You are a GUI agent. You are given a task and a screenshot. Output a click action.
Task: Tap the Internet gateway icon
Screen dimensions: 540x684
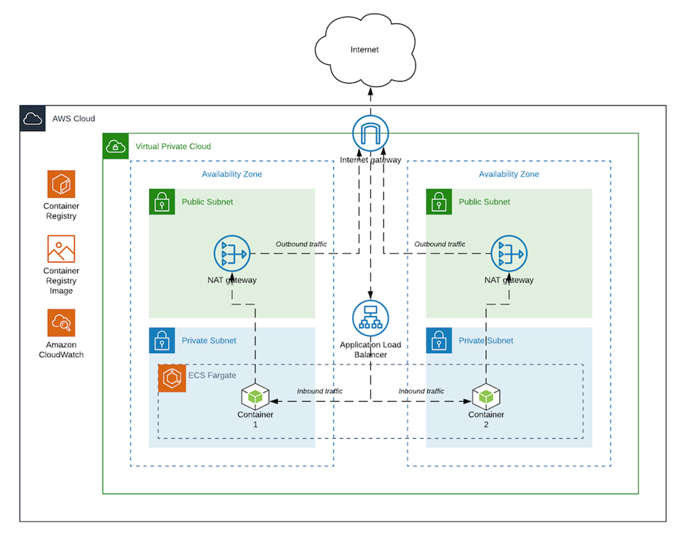tap(370, 134)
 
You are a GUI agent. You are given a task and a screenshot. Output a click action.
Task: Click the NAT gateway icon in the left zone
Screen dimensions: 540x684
tap(232, 254)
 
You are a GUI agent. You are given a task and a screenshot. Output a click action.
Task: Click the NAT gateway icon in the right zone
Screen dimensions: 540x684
tap(509, 254)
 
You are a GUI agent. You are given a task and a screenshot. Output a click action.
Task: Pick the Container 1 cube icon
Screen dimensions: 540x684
tap(255, 397)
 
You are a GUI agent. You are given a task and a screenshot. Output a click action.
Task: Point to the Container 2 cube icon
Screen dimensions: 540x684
tap(485, 397)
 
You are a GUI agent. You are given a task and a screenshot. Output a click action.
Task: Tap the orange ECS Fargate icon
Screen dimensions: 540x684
tap(172, 378)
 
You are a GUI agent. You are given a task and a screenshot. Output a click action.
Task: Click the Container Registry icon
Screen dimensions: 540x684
tap(61, 184)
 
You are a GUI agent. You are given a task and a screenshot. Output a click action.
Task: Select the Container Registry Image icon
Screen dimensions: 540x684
tap(61, 249)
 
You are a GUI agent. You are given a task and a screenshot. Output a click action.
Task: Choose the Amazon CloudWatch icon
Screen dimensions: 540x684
tap(61, 322)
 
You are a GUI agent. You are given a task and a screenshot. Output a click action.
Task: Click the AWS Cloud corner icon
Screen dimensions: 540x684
tap(33, 119)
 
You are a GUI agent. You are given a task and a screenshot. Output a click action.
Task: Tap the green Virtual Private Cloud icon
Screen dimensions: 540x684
tap(115, 146)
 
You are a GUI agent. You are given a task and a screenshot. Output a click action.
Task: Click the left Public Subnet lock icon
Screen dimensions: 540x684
tap(162, 202)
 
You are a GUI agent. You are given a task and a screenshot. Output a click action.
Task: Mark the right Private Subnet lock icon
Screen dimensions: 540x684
tap(439, 340)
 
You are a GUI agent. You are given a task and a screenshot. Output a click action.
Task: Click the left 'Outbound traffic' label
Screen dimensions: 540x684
tap(301, 245)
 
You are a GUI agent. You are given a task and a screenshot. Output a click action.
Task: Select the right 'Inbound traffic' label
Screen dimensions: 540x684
tap(421, 392)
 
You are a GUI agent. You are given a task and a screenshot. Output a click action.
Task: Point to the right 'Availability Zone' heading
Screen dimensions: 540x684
tap(509, 175)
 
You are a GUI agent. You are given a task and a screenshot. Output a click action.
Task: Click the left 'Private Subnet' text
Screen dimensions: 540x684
tap(208, 341)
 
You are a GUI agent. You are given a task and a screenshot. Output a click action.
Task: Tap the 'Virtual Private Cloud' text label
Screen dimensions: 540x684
tap(173, 146)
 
